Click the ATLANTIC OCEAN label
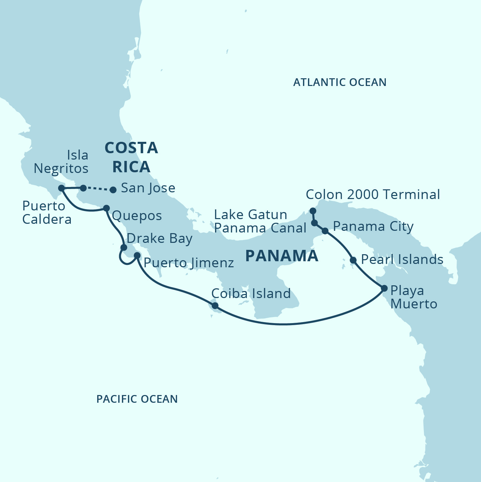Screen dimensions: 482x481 (x=340, y=82)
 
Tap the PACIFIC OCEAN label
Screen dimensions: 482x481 (x=137, y=399)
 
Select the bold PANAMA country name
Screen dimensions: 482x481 (x=282, y=256)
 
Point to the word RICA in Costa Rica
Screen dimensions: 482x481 (x=131, y=167)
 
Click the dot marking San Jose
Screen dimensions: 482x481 (x=113, y=190)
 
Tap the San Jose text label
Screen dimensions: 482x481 (x=148, y=188)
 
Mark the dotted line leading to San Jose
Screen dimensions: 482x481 (x=98, y=189)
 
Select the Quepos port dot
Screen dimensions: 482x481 (x=106, y=208)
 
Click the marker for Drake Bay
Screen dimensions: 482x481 (x=124, y=248)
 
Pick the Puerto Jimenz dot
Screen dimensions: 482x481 (x=137, y=256)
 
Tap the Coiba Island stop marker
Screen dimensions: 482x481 (x=215, y=305)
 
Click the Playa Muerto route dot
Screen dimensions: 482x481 (x=384, y=288)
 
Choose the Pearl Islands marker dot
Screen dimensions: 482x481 (x=353, y=260)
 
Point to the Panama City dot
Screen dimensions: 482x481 (x=325, y=231)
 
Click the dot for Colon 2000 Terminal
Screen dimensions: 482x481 (x=313, y=211)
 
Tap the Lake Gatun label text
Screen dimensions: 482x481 (x=251, y=215)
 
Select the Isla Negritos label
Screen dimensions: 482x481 (x=61, y=162)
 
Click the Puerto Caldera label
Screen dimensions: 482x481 (x=47, y=213)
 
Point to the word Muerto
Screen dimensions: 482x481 (x=414, y=304)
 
